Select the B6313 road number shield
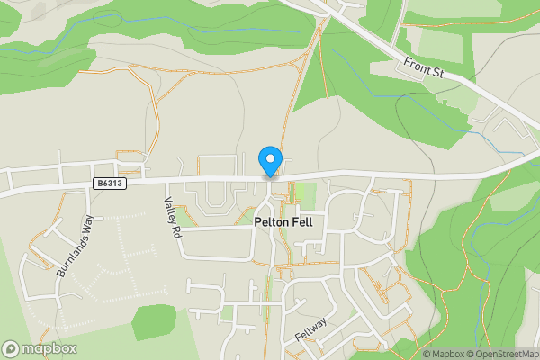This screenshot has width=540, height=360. click(x=108, y=183)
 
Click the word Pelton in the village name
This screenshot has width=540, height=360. click(x=271, y=221)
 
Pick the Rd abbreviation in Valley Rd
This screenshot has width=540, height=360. click(x=173, y=231)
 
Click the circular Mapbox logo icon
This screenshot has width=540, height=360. click(x=11, y=349)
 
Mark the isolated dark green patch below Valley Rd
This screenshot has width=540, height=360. click(x=153, y=320)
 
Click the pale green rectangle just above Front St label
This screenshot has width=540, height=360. click(x=441, y=45)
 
